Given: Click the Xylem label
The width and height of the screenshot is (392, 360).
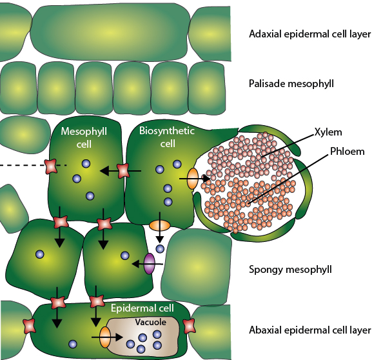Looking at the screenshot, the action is pyautogui.click(x=328, y=132).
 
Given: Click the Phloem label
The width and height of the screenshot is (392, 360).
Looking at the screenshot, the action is pyautogui.click(x=348, y=152).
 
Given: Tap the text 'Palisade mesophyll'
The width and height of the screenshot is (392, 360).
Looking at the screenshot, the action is pyautogui.click(x=291, y=84).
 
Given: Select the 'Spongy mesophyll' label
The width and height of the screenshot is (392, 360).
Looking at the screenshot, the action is pyautogui.click(x=290, y=270).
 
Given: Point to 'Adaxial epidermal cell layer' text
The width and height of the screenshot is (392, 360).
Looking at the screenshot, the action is pyautogui.click(x=309, y=34).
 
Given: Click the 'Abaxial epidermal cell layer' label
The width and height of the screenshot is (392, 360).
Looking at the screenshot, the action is pyautogui.click(x=309, y=330).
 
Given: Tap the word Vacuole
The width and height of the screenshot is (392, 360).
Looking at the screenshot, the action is pyautogui.click(x=150, y=322).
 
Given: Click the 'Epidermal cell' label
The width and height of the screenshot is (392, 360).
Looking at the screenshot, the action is pyautogui.click(x=142, y=308).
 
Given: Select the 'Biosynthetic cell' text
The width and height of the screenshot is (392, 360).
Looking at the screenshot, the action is pyautogui.click(x=167, y=137).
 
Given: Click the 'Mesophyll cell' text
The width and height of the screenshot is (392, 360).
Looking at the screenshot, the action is pyautogui.click(x=84, y=137).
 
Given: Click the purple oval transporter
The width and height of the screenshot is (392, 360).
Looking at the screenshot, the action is pyautogui.click(x=150, y=264).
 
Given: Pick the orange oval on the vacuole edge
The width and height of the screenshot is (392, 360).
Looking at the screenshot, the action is pyautogui.click(x=105, y=337).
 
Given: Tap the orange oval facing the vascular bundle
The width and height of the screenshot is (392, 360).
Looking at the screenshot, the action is pyautogui.click(x=193, y=179).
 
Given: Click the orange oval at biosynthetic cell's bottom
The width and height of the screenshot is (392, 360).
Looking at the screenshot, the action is pyautogui.click(x=160, y=225).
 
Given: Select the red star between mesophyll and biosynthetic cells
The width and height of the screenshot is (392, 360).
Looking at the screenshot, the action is pyautogui.click(x=124, y=171).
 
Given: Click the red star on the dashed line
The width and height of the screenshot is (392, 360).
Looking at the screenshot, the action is pyautogui.click(x=51, y=166).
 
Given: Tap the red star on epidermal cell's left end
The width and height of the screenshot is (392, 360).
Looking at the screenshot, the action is pyautogui.click(x=30, y=326).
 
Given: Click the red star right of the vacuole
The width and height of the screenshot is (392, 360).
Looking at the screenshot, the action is pyautogui.click(x=189, y=326).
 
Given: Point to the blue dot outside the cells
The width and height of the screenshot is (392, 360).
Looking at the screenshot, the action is pyautogui.click(x=160, y=248).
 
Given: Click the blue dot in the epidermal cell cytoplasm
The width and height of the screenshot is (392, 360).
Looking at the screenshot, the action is pyautogui.click(x=72, y=344).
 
